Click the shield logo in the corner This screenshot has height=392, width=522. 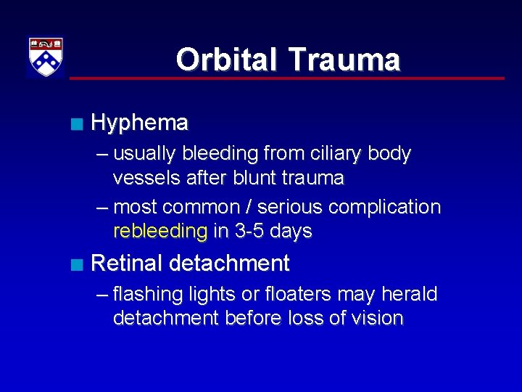pyautogui.click(x=46, y=57)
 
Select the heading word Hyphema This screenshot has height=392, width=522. pyautogui.click(x=140, y=123)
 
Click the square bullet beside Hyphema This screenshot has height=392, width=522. pyautogui.click(x=77, y=124)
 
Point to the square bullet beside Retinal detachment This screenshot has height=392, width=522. pyautogui.click(x=77, y=264)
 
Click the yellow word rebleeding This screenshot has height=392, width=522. pyautogui.click(x=160, y=232)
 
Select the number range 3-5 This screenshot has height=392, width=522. pyautogui.click(x=252, y=232)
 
